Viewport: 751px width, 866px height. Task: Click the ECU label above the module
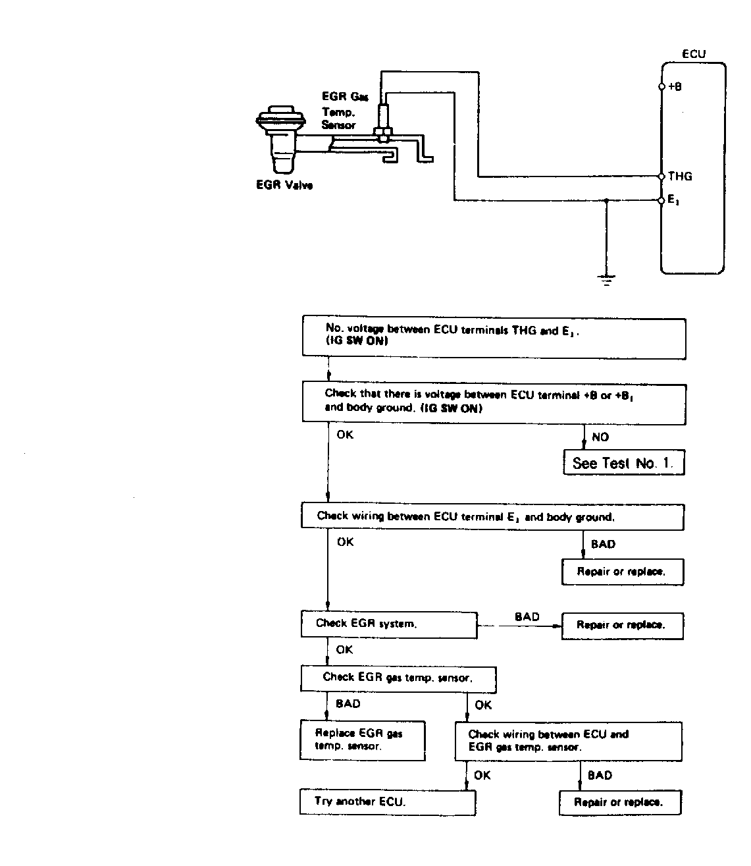[x=694, y=54]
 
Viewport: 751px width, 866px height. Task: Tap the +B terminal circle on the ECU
[x=661, y=87]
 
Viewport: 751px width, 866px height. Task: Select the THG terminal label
[x=679, y=176]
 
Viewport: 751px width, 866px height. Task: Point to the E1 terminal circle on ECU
[x=661, y=200]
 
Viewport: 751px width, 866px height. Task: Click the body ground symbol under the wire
[x=606, y=280]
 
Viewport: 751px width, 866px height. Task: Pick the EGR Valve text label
[x=284, y=185]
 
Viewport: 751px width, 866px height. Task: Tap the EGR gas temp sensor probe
[x=384, y=122]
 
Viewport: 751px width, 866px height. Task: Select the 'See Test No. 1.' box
[x=624, y=462]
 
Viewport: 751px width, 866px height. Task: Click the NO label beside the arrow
[x=600, y=437]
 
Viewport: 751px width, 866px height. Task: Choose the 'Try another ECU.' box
[x=388, y=801]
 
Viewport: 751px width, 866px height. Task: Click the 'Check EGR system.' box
[x=389, y=624]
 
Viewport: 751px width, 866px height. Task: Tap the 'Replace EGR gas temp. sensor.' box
[x=363, y=740]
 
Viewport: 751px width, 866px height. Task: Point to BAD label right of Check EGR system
[x=527, y=616]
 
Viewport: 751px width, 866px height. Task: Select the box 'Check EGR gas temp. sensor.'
[x=398, y=680]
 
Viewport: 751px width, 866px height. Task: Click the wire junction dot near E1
[x=606, y=200]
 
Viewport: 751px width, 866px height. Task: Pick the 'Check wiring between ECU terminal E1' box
[x=492, y=517]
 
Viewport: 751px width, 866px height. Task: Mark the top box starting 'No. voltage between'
[x=494, y=337]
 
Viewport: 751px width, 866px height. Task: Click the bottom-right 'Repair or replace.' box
[x=620, y=802]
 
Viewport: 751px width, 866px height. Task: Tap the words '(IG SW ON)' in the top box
[x=357, y=340]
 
